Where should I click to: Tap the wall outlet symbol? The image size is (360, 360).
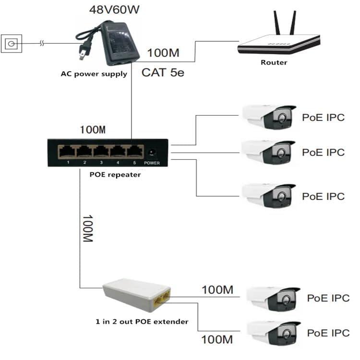11,45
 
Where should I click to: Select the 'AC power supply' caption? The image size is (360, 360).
94,74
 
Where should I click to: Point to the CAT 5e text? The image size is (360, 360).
162,72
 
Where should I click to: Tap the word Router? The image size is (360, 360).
274,62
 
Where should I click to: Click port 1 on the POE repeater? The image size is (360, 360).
67,152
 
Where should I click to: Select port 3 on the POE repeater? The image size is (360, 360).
100,152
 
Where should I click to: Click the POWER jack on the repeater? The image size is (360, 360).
153,152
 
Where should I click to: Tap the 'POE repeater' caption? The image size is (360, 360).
115,175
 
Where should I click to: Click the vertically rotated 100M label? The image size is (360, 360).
87,228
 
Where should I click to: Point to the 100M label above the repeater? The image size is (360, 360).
92,130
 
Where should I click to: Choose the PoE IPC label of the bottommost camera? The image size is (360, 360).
328,333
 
